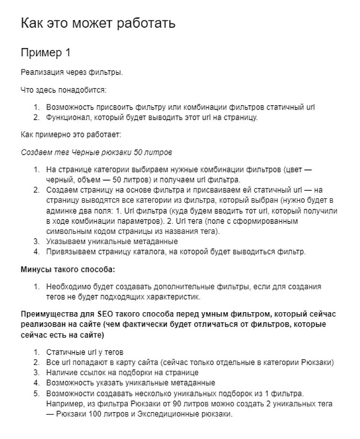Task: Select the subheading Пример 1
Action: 46,53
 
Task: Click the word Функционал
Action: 67,117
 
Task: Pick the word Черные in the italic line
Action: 82,152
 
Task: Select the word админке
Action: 61,211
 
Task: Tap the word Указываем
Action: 64,242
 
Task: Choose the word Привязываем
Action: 69,252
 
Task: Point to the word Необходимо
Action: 67,287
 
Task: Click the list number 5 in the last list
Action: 36,393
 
